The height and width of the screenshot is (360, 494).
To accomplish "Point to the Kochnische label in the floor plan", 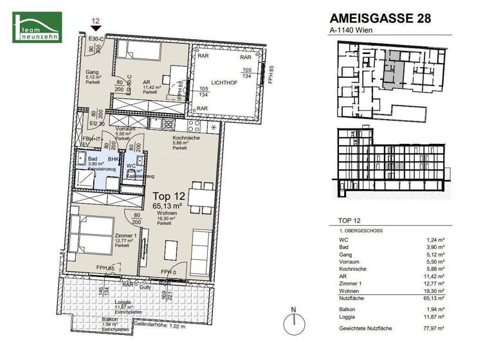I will tap(185, 137).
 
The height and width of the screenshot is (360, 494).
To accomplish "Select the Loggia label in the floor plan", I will tap(123, 302).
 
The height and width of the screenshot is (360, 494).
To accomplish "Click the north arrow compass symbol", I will tap(293, 321).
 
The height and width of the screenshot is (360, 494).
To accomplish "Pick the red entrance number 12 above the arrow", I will tap(95, 21).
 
